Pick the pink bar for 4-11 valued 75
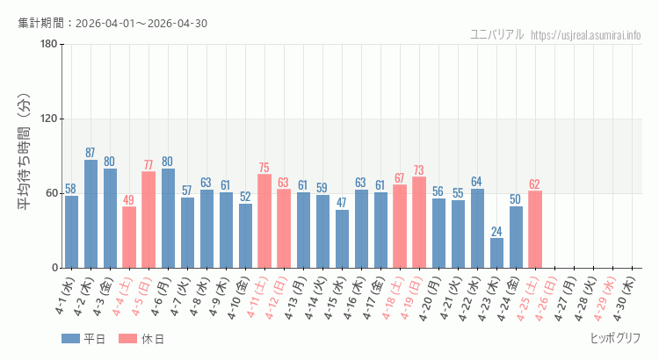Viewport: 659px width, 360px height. (x=264, y=221)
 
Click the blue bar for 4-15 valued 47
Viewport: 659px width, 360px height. (x=342, y=239)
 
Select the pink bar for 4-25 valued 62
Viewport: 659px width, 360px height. (x=535, y=229)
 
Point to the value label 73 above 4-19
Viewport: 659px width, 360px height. (x=419, y=170)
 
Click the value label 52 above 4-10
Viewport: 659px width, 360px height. (x=245, y=197)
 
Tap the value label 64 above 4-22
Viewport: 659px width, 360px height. (x=477, y=182)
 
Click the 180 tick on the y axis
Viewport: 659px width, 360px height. (x=48, y=45)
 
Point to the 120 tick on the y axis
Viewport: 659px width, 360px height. (x=48, y=119)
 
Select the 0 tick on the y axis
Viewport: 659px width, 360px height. (x=54, y=268)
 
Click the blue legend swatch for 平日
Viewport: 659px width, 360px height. (x=71, y=339)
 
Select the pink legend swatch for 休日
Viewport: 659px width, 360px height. (x=128, y=339)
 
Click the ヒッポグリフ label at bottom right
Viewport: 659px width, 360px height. (x=615, y=338)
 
